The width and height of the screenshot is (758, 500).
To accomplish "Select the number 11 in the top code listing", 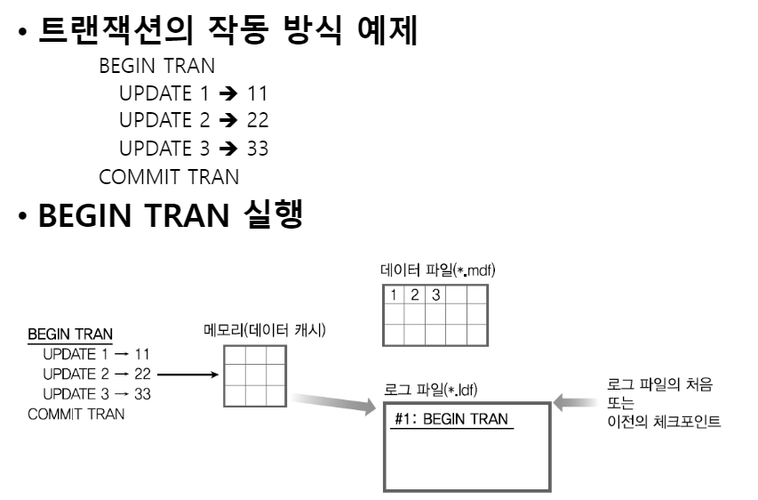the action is pyautogui.click(x=257, y=93).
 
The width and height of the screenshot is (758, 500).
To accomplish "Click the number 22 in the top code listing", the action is pyautogui.click(x=257, y=120).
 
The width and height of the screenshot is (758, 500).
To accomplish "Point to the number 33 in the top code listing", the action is pyautogui.click(x=257, y=149).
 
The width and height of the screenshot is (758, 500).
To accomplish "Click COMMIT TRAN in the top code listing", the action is pyautogui.click(x=169, y=176).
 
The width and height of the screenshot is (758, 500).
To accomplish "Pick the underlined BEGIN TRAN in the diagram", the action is pyautogui.click(x=70, y=335).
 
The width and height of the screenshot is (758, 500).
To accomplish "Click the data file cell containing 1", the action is pyautogui.click(x=393, y=294).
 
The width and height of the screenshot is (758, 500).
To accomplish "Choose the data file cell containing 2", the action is pyautogui.click(x=414, y=294).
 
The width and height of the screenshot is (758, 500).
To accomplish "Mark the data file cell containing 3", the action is pyautogui.click(x=435, y=294).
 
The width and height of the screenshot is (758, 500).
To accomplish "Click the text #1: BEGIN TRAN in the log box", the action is pyautogui.click(x=453, y=417).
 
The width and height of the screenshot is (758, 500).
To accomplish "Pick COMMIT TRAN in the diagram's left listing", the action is pyautogui.click(x=76, y=414).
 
